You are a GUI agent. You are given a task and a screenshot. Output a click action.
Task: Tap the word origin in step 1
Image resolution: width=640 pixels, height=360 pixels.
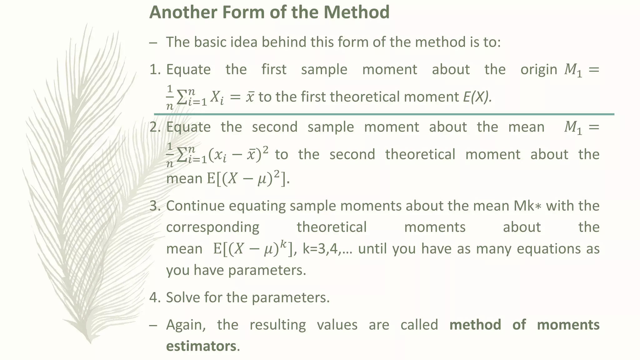[539, 69]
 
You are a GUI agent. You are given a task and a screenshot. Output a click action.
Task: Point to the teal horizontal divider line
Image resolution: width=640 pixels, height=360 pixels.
[384, 114]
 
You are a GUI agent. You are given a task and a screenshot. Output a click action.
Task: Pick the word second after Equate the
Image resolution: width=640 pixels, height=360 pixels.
[275, 127]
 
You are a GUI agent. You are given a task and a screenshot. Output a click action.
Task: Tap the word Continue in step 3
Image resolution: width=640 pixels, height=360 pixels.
[195, 206]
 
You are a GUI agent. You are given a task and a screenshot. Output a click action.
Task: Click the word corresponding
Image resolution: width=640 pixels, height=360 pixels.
[212, 227]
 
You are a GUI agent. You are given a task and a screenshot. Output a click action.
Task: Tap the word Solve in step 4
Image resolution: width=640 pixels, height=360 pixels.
[182, 297]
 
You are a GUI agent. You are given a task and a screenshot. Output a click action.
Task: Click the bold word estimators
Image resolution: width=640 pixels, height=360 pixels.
[201, 346]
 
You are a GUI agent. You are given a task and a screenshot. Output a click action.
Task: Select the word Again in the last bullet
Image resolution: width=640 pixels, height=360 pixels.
[186, 325]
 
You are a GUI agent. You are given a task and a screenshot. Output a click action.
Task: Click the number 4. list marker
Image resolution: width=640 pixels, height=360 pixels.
[155, 297]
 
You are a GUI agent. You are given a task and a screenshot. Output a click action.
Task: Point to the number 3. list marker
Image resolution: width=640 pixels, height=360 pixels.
[155, 206]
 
